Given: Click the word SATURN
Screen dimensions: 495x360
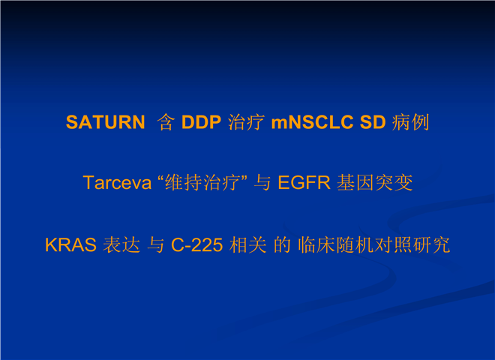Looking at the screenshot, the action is point(106,122).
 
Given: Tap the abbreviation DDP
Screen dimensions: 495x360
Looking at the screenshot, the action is point(202,122).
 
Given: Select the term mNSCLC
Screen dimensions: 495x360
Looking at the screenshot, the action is point(312,122).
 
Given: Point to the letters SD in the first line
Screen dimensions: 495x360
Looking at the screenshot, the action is point(373,122).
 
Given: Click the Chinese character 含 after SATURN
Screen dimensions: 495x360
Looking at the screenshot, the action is point(166,122).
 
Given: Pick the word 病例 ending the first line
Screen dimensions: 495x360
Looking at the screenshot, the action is point(411,122).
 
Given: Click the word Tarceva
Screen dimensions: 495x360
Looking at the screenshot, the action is point(117,182).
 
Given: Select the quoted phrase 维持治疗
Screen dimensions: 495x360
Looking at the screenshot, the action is point(202,182).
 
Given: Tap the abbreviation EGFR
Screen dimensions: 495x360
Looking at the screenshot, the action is point(304,182).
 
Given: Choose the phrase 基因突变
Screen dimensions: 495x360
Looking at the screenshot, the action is point(375,182).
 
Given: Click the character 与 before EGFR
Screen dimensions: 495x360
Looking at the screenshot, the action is point(262,183).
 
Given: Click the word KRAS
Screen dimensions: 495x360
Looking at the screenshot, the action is point(70,244).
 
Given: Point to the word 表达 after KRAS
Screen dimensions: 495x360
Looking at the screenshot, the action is point(121,244).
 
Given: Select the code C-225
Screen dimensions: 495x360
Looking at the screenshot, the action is point(197,244).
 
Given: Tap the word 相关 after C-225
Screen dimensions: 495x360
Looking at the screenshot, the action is point(247,244).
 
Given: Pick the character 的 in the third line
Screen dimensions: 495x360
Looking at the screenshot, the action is point(282,244).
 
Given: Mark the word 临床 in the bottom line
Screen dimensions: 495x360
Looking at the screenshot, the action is point(316,244).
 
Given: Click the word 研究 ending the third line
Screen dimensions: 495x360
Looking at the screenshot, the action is point(431,244).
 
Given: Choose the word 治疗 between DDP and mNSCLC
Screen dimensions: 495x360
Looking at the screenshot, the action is point(246,122).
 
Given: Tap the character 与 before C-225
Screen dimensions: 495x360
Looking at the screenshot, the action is point(156,244).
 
